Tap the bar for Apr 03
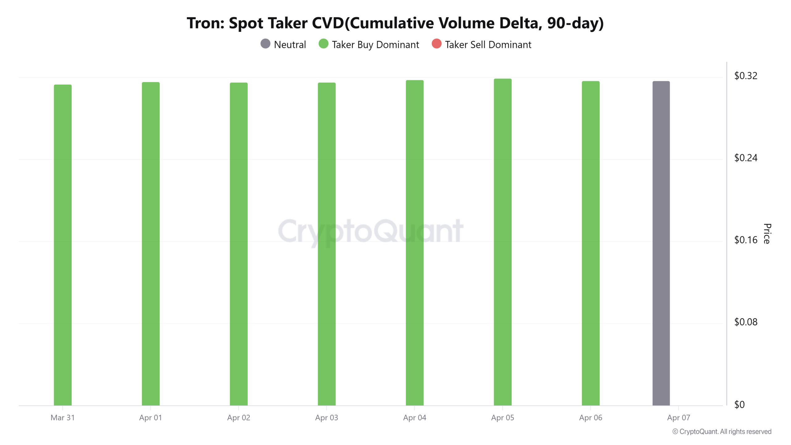(x=327, y=244)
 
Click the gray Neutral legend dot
(x=265, y=44)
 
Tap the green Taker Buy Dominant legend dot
(x=324, y=44)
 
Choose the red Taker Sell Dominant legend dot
(x=437, y=44)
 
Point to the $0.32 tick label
(x=746, y=76)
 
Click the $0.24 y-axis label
(x=746, y=158)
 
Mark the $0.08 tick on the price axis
(x=746, y=322)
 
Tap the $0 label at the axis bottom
(x=739, y=405)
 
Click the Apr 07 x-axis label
(x=679, y=418)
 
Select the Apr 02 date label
(x=239, y=418)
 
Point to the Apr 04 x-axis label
(x=415, y=418)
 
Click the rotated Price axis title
(x=767, y=234)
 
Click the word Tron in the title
(x=205, y=23)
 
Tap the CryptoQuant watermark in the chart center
(x=370, y=231)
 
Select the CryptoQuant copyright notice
(x=722, y=432)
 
